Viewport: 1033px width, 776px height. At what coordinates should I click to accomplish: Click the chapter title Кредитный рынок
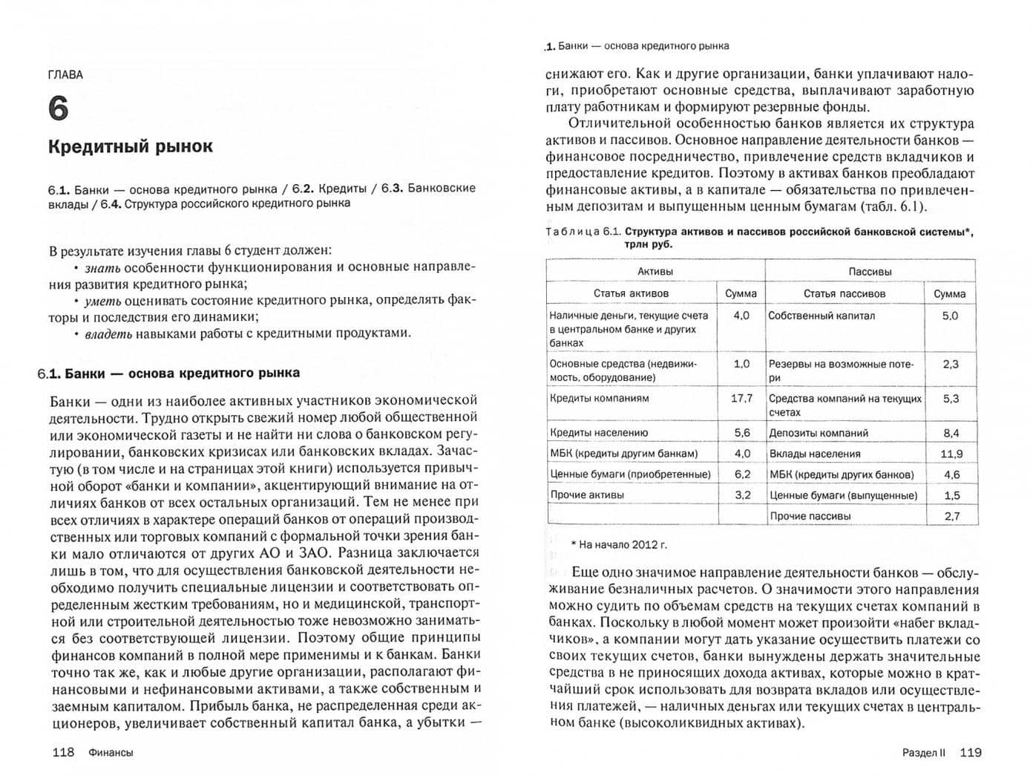(x=130, y=146)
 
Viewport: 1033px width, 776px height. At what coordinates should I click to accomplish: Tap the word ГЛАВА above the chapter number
(x=65, y=74)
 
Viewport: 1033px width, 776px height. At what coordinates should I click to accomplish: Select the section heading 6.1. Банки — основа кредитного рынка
(x=168, y=373)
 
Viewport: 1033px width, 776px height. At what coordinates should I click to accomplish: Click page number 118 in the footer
(x=63, y=752)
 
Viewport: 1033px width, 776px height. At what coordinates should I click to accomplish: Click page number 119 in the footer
(x=970, y=752)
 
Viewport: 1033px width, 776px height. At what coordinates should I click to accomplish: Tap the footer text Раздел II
(x=924, y=752)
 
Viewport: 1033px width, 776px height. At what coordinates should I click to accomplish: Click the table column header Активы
(x=655, y=272)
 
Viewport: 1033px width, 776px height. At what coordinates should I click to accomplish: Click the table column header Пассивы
(x=870, y=272)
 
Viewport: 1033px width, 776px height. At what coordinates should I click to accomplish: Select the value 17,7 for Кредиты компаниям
(x=741, y=398)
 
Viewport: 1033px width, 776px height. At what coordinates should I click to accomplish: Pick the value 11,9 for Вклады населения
(x=951, y=454)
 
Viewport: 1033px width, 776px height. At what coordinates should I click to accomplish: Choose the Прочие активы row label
(x=587, y=495)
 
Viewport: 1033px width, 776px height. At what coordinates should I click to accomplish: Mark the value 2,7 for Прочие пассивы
(x=951, y=516)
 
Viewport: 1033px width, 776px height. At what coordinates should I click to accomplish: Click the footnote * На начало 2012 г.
(x=619, y=544)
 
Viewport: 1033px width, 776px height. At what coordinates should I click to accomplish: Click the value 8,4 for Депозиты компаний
(x=951, y=433)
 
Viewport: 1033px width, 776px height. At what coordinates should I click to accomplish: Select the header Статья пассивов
(x=844, y=293)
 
